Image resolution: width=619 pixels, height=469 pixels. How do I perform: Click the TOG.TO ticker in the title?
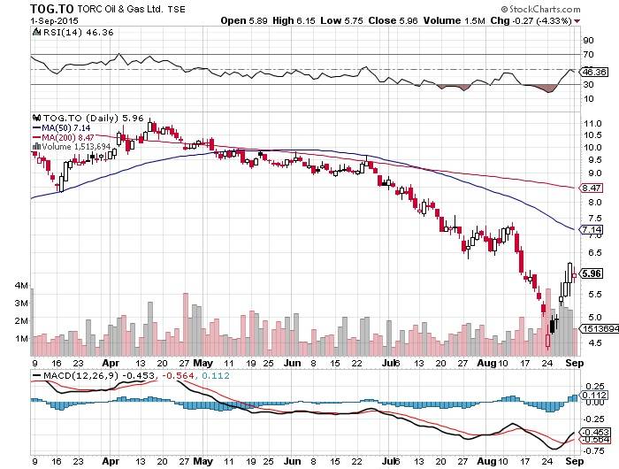pos(28,8)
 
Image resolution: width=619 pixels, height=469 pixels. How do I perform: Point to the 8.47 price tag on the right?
pos(592,188)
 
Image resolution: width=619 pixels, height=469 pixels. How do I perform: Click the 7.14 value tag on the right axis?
pos(592,230)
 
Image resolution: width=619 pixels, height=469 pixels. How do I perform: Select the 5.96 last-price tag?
pos(592,273)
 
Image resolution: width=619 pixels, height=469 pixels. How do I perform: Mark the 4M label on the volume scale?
pos(20,287)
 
